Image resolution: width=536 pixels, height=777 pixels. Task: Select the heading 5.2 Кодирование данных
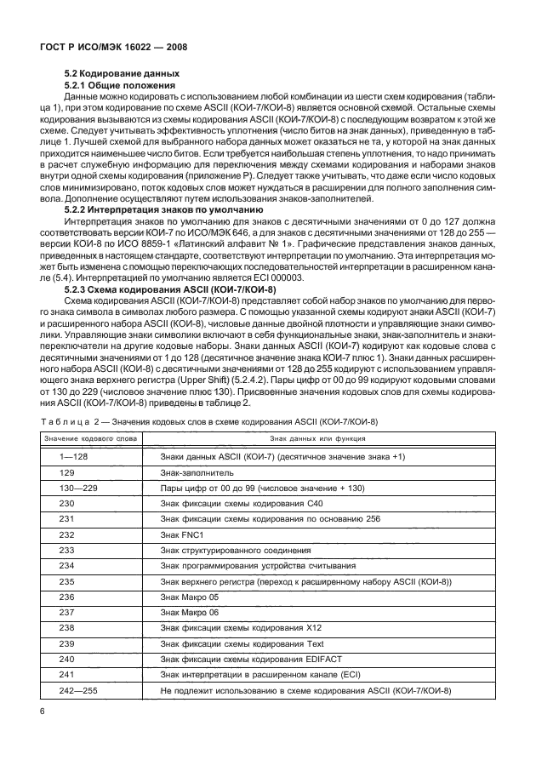pyautogui.click(x=123, y=73)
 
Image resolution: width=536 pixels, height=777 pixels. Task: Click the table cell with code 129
pyautogui.click(x=67, y=474)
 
